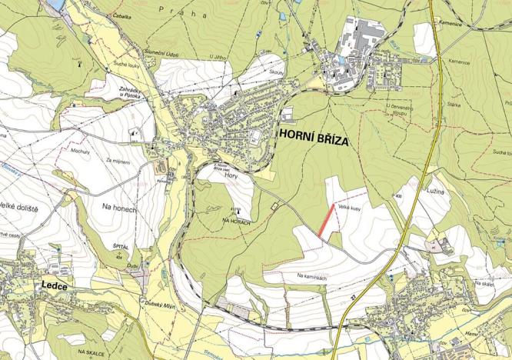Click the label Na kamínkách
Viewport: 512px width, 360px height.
click(313, 275)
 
